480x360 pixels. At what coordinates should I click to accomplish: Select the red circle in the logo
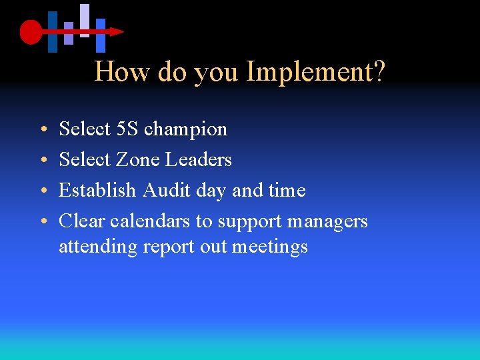[x=31, y=31]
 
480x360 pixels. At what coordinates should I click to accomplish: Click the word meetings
[x=270, y=247]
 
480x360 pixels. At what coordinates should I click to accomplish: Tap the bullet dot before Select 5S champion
[x=42, y=129]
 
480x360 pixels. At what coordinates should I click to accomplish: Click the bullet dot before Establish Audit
[x=42, y=191]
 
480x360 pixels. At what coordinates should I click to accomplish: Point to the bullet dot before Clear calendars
[x=42, y=221]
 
